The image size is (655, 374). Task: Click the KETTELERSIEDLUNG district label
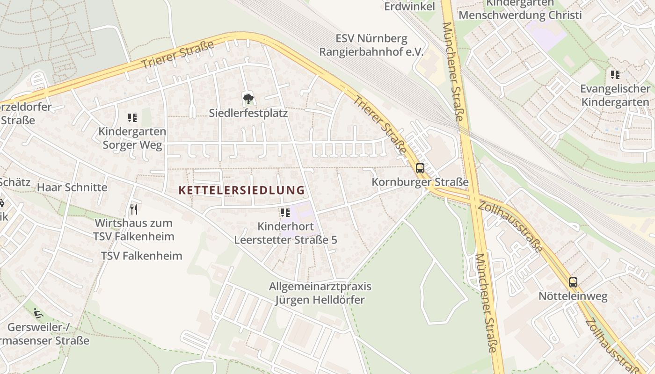241,190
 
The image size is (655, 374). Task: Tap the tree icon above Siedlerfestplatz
248,99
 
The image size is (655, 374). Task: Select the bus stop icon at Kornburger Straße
420,168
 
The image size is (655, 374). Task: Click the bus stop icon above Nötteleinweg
573,282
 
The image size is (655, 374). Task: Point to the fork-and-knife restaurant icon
134,209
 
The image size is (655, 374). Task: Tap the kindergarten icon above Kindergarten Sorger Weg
132,118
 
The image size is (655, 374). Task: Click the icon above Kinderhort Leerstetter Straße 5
285,213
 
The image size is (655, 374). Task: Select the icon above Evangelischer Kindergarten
615,75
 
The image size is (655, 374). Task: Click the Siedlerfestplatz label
248,113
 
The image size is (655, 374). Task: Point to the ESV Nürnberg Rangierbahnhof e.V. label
371,45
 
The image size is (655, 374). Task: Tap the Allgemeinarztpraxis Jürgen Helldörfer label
320,293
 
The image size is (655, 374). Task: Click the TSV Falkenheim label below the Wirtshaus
142,256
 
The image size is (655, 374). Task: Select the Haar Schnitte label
72,187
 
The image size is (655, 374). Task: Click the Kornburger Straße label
420,182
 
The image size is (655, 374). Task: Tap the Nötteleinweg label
573,296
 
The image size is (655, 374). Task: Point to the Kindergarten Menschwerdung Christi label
520,9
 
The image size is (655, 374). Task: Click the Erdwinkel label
409,6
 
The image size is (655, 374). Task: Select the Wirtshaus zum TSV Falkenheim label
134,230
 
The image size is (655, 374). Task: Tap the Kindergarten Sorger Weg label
132,138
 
